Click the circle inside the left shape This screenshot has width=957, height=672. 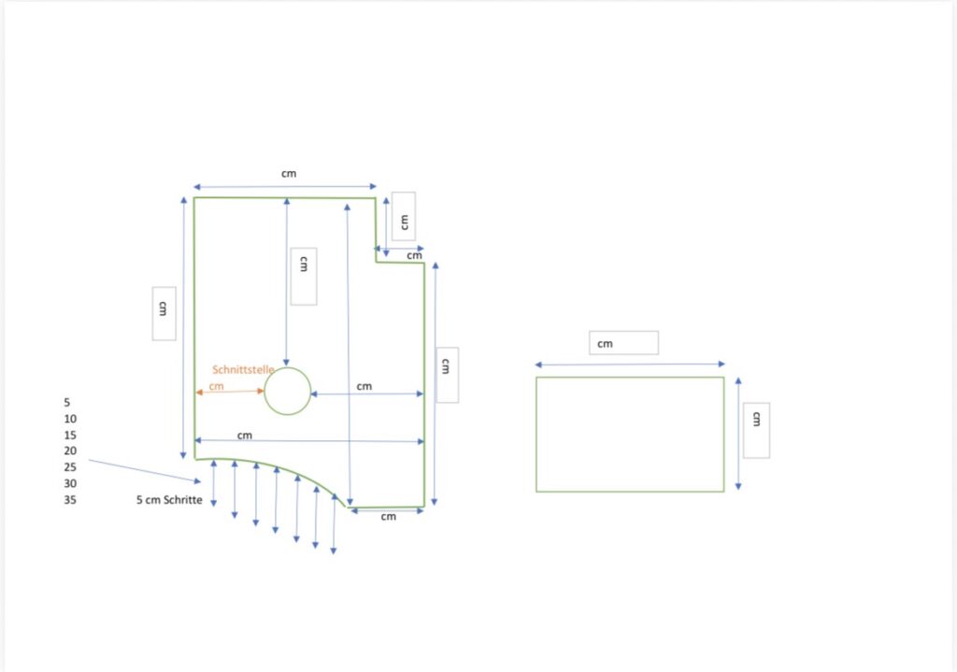[264, 392]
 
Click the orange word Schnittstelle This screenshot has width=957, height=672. [243, 369]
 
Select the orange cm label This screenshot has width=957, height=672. [216, 386]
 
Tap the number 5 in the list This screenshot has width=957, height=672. [67, 403]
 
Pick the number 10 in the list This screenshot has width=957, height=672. [70, 420]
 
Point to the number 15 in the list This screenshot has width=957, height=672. [70, 436]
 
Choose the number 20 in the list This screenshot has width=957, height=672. [70, 451]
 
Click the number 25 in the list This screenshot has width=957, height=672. [70, 467]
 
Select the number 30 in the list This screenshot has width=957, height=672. [70, 483]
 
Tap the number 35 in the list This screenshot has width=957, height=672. [70, 500]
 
